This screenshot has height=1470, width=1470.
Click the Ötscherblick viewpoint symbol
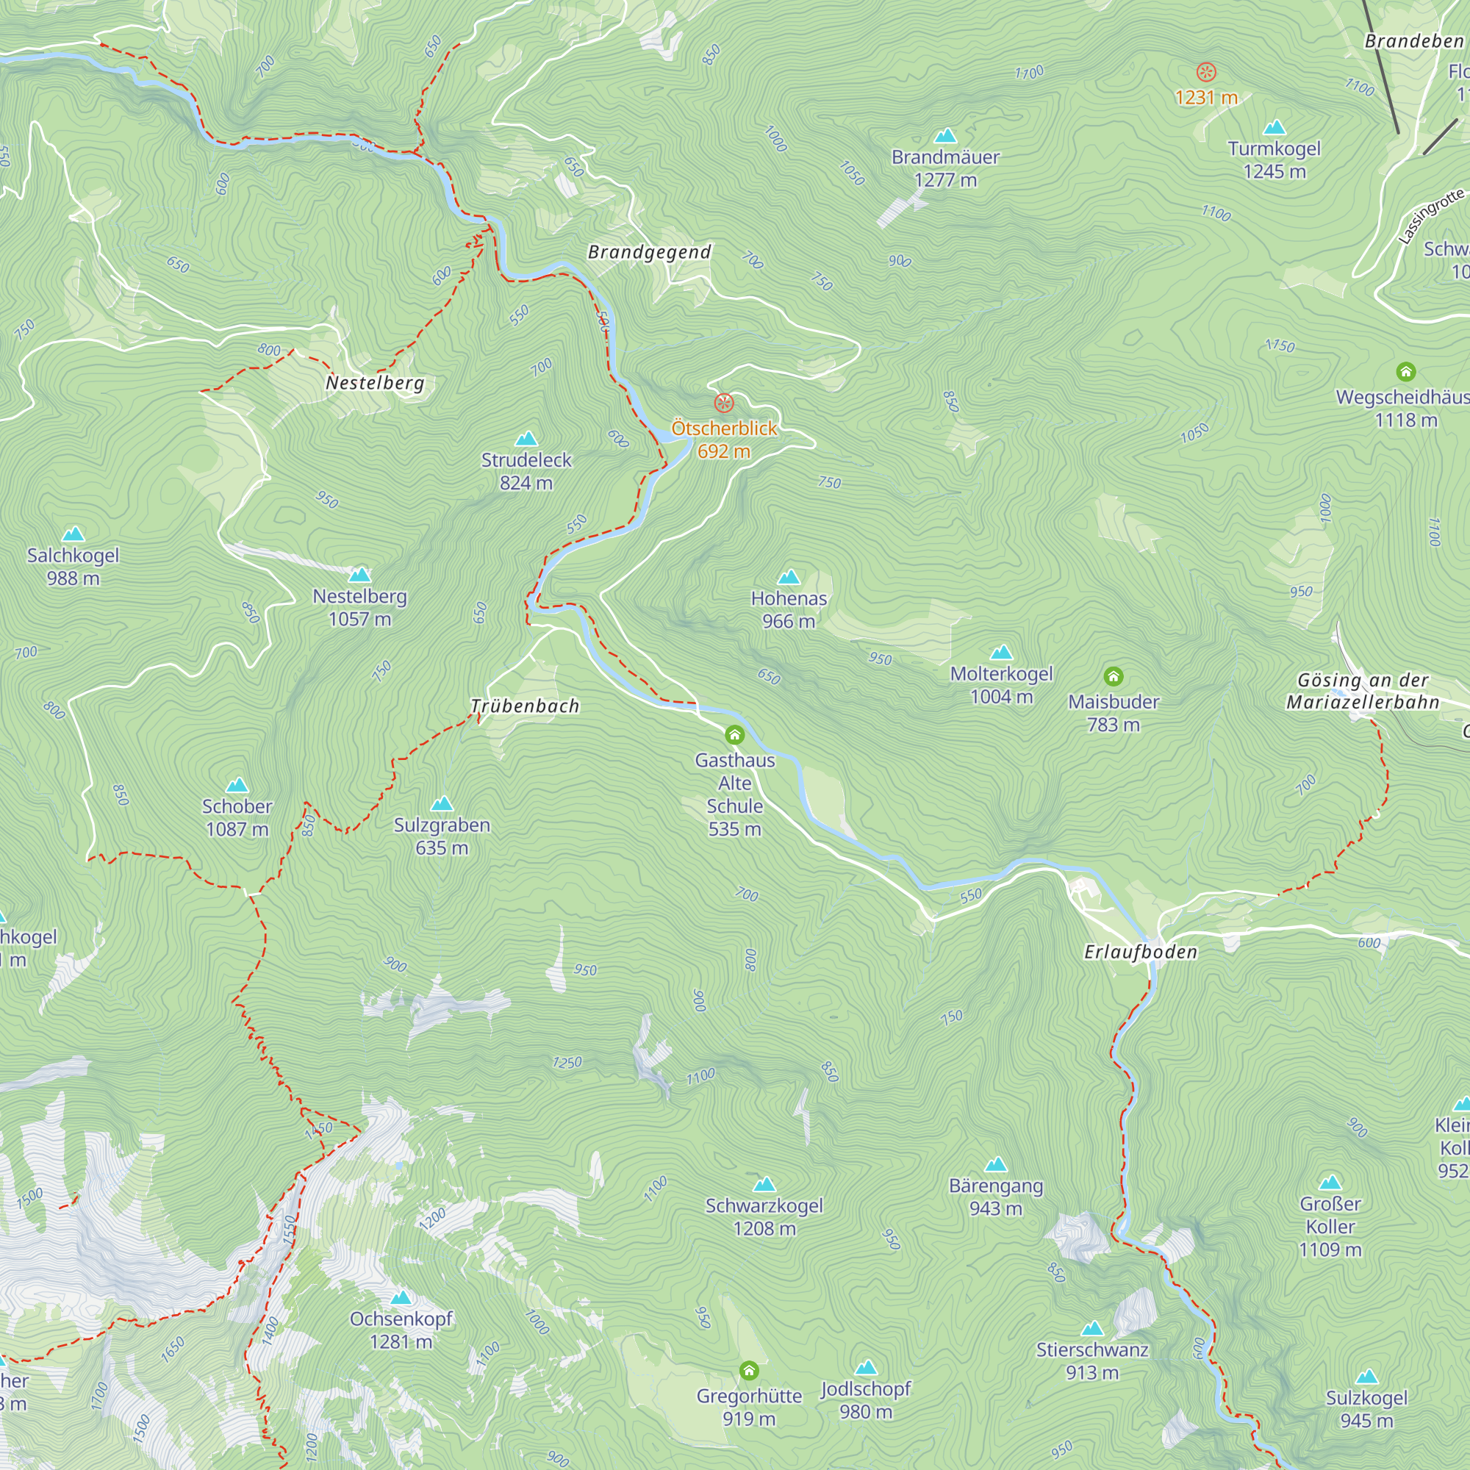[723, 403]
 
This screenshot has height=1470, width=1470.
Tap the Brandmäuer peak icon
[945, 136]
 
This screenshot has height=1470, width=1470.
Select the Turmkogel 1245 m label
[1274, 159]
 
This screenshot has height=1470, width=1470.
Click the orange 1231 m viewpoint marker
[1206, 72]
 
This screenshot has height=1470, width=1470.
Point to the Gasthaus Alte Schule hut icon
[734, 734]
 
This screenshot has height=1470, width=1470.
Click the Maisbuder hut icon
[1113, 675]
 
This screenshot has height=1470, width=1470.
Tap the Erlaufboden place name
[1140, 952]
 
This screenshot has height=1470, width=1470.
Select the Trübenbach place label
[525, 706]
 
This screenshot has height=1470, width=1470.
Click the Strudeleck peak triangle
[526, 439]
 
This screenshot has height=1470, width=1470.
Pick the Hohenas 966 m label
[788, 609]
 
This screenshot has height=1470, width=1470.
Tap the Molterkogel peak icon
[1001, 653]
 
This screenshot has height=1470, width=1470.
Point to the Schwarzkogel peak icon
[764, 1185]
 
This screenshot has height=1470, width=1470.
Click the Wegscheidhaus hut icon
[1405, 371]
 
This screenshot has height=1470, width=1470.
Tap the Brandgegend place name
[649, 253]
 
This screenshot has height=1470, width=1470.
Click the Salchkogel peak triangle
[73, 534]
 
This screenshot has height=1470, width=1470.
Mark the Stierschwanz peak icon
[1092, 1328]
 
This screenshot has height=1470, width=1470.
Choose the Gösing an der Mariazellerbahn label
[1362, 691]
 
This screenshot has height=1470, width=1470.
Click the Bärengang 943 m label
[995, 1196]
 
